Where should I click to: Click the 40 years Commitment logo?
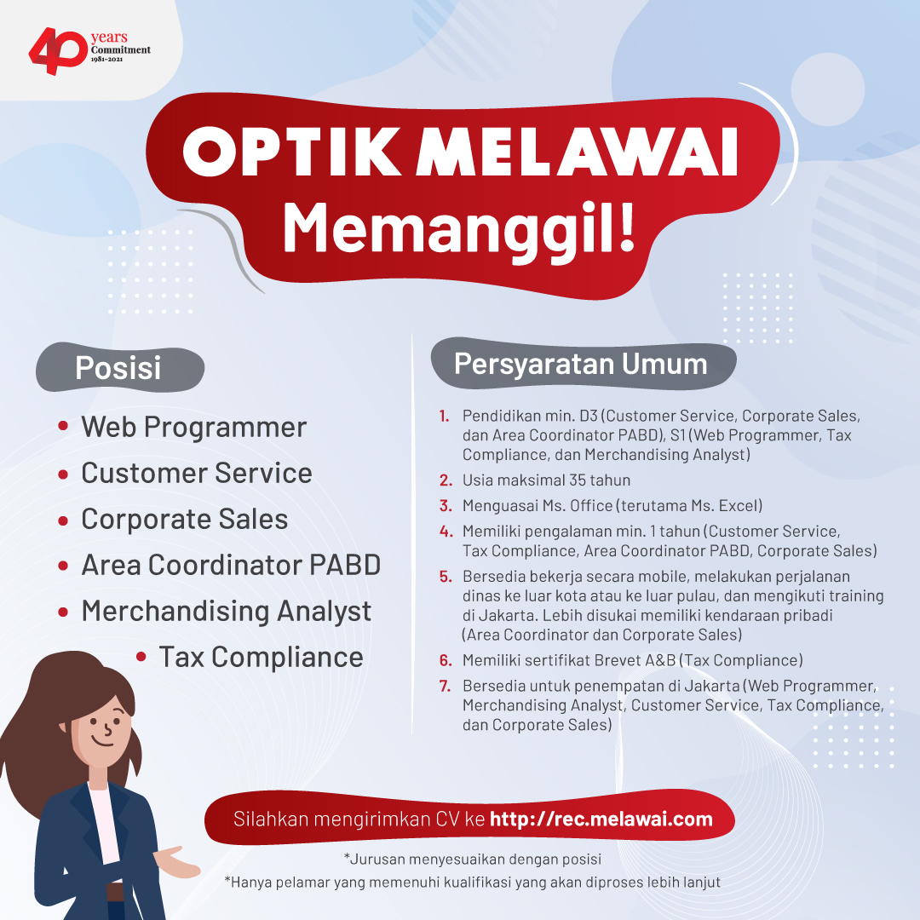point(89,51)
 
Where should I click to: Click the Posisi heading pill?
point(120,368)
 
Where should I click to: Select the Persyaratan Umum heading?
point(584,364)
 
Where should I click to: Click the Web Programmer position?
point(193,427)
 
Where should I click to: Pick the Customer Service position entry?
point(197,473)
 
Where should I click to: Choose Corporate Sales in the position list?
point(184,520)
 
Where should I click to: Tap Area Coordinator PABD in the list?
point(231,565)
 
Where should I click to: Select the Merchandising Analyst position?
point(226,612)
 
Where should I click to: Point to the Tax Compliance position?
point(262,657)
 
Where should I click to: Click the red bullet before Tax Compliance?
point(141,657)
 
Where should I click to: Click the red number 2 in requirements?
point(446,480)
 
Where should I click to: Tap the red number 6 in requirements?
point(446,661)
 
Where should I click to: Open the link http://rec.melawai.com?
point(601,819)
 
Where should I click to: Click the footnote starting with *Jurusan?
point(472,860)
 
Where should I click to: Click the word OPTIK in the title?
point(292,152)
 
